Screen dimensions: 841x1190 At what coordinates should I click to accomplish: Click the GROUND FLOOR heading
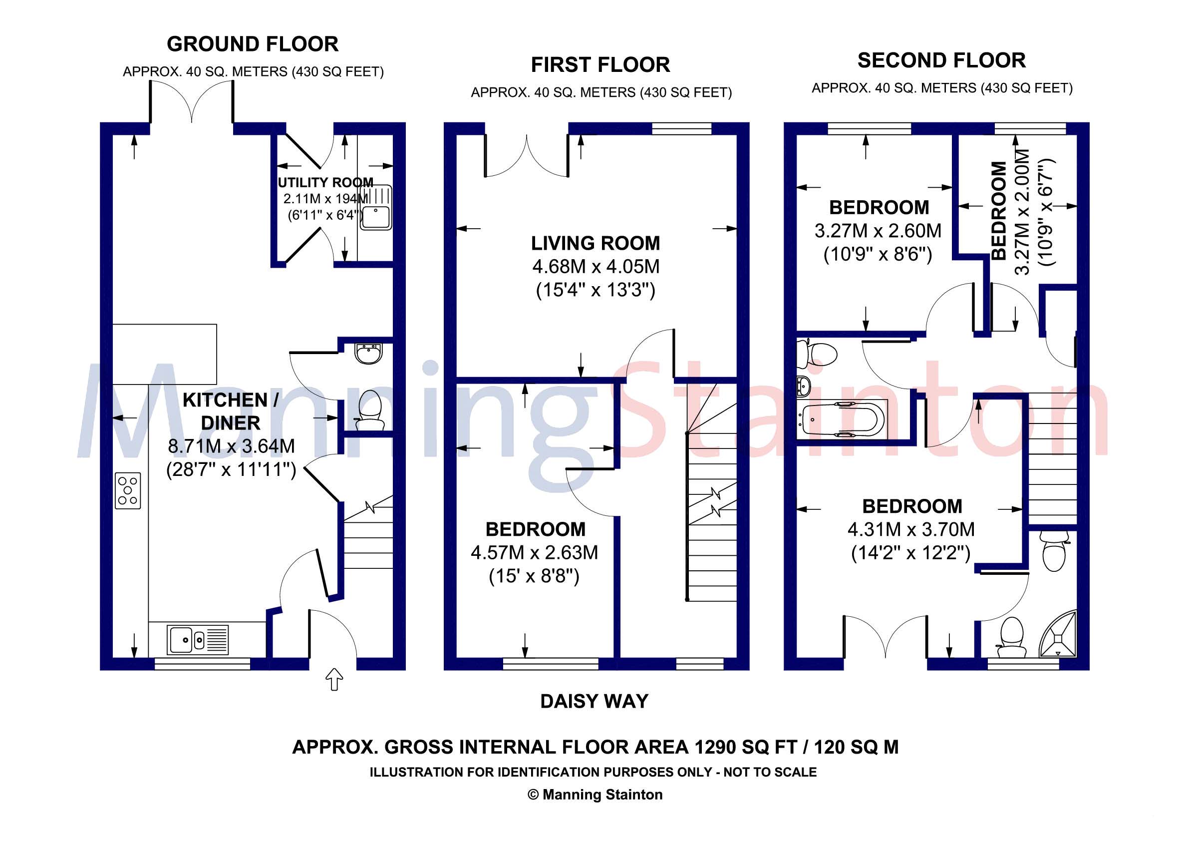253,44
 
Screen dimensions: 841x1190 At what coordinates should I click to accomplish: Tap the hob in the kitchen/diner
127,490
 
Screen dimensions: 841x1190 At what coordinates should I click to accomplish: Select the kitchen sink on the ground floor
198,640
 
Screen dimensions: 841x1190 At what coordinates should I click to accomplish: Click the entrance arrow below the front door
334,679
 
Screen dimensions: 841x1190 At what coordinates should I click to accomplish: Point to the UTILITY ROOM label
325,182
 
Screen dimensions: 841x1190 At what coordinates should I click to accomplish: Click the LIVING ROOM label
595,243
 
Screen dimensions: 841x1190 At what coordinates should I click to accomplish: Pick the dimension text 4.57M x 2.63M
535,553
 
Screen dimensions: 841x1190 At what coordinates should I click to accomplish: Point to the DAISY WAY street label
594,702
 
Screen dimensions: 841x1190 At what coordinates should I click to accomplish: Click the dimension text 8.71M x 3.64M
231,446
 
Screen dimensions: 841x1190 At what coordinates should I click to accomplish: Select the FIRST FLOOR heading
600,65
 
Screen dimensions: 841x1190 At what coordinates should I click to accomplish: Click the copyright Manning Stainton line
595,795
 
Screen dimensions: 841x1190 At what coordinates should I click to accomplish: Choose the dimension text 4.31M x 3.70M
910,529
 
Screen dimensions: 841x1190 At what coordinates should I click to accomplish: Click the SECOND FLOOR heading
941,60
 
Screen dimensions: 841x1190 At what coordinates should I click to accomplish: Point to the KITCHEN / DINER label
231,411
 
